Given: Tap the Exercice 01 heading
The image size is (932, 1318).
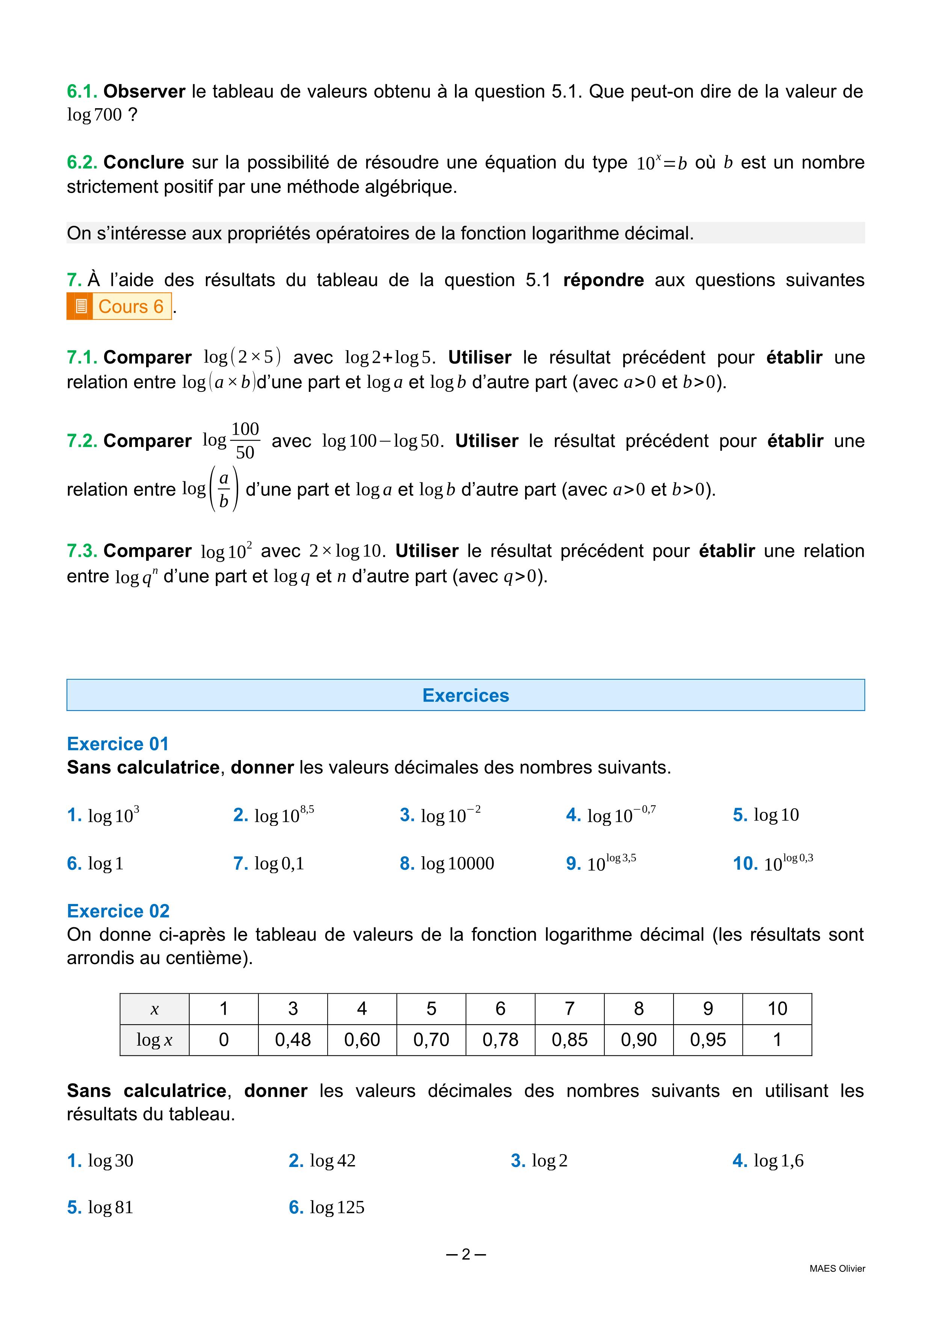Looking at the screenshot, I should click(x=118, y=744).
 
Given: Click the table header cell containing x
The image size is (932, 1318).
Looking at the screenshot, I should click(x=154, y=1009).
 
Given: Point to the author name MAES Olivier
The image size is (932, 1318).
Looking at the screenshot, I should click(x=837, y=1269).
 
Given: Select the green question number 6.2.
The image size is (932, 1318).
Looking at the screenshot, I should click(x=82, y=162).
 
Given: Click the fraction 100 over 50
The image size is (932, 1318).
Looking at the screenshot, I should click(x=245, y=441).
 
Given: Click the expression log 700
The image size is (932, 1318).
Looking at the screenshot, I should click(x=95, y=115).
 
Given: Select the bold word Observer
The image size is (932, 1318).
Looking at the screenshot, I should click(x=144, y=91).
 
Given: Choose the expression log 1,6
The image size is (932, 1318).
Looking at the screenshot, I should click(x=778, y=1161).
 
